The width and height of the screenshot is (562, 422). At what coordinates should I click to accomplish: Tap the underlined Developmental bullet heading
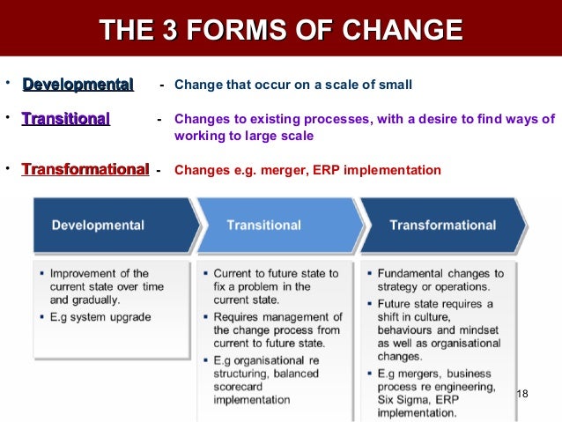(78, 85)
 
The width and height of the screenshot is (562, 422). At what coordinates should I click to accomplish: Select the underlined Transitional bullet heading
(66, 118)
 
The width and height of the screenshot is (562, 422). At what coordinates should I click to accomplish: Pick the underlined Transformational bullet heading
(85, 169)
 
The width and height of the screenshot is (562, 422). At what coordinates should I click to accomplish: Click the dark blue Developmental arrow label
(98, 225)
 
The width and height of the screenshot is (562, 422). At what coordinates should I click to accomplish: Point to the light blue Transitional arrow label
(263, 225)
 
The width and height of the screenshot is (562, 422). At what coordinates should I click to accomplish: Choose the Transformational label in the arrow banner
(443, 225)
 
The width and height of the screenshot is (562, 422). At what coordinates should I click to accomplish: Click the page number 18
(521, 393)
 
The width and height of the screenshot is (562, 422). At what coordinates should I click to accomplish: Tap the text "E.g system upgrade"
(100, 317)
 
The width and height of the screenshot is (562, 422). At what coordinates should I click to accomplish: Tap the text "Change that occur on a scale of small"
(293, 85)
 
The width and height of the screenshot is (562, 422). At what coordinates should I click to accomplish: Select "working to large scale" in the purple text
(244, 137)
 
